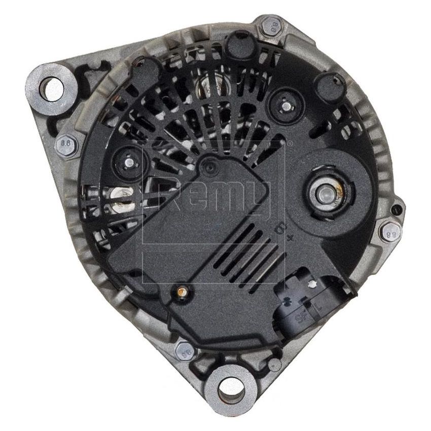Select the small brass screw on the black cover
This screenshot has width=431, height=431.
(180, 292)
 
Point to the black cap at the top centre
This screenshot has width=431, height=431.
(239, 45)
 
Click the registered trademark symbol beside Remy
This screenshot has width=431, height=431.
(290, 144)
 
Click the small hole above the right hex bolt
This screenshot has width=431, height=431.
(397, 207)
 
